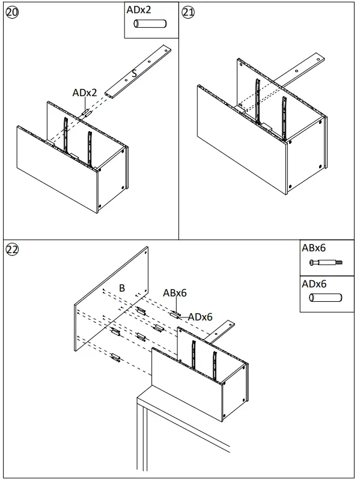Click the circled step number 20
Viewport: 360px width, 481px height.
point(11,13)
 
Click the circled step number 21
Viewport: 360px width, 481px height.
point(189,13)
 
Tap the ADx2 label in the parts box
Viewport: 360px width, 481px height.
point(139,10)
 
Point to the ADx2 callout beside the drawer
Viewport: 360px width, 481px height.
point(85,93)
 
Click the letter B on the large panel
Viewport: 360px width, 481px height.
point(121,288)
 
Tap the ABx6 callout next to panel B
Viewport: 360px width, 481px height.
point(175,293)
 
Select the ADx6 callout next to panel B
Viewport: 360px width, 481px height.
point(200,316)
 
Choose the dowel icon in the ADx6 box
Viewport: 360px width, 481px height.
point(325,298)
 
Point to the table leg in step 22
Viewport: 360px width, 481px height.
point(142,438)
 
